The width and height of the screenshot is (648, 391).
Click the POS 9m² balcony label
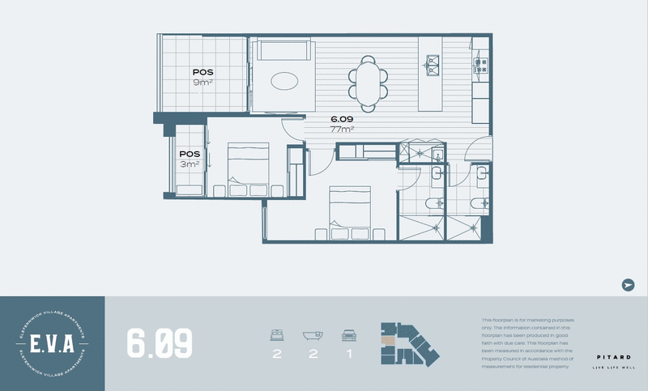(202, 77)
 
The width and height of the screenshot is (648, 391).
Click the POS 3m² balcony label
(189, 159)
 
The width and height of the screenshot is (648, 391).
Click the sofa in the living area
(282, 51)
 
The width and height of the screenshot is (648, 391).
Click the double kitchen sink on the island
(433, 62)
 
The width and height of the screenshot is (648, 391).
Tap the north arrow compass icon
(628, 284)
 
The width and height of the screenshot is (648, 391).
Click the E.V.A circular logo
(53, 342)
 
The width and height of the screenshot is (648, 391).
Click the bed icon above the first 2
(276, 334)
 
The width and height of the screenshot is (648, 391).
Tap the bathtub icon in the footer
(313, 334)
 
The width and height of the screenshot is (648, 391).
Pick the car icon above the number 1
(349, 334)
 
